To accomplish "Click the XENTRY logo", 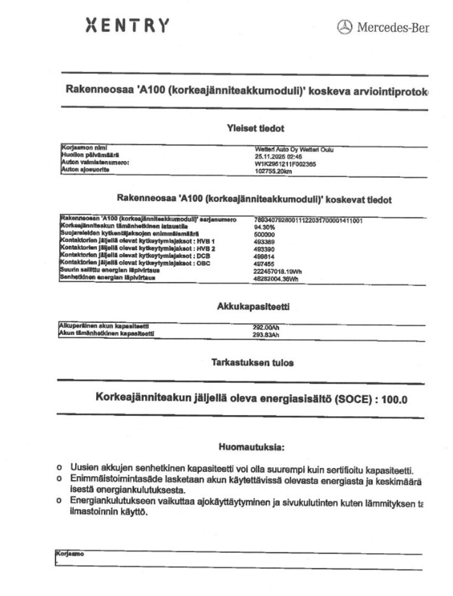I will click(128, 25).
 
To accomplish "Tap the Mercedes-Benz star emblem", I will click(344, 26).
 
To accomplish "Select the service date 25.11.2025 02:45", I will click(275, 156).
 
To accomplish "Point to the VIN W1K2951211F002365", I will click(286, 163).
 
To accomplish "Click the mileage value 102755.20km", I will click(273, 171).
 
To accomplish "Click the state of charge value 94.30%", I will click(264, 227).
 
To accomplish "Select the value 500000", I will click(264, 234).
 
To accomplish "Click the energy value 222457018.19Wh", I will click(277, 271).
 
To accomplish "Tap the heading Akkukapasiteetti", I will click(254, 306).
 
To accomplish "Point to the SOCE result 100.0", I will click(394, 399).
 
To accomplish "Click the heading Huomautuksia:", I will click(251, 446).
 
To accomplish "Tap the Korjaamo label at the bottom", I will click(70, 554).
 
